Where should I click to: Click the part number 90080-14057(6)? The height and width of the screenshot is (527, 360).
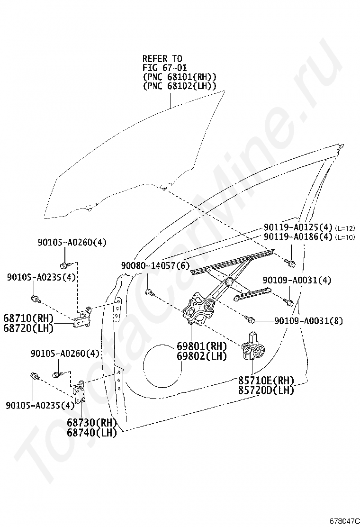coord(155,266)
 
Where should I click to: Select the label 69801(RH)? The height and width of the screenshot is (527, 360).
coord(202,346)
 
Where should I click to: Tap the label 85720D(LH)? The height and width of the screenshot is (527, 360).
coord(266,390)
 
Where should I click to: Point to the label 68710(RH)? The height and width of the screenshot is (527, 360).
coord(28,318)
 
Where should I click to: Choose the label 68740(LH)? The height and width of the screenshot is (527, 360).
coord(92,433)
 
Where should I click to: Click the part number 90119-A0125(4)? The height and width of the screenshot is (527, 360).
coord(298,227)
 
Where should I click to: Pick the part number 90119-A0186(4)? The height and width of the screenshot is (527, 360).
coord(298,236)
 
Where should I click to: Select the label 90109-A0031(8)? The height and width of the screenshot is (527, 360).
coord(309,321)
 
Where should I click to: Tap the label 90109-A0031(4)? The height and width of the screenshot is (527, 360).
coord(297,280)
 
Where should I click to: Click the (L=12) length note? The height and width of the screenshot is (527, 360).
coord(345,228)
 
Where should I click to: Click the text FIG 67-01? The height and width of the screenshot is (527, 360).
coord(164,68)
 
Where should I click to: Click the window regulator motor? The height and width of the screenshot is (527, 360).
coord(254,347)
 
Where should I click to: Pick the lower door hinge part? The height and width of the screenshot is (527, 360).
coord(79,392)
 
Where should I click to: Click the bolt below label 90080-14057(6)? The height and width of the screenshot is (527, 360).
coord(149,293)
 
